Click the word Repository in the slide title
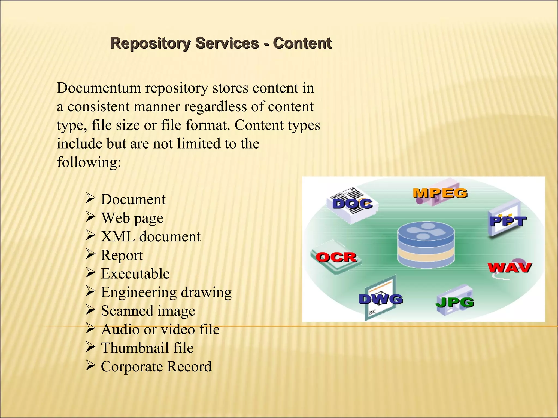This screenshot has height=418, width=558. pos(150,44)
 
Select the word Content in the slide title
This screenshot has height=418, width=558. pos(302,44)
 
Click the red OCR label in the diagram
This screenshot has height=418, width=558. pos(336,257)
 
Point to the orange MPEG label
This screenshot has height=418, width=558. pos(440,193)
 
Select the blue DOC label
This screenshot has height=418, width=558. pos(352,204)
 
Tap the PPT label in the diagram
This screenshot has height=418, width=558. pos(508,221)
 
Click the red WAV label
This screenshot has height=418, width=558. pos(509,268)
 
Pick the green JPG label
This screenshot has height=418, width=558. pos(455,302)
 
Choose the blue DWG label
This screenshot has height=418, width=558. pos(381,299)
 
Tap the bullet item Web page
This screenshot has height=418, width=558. pos(132,218)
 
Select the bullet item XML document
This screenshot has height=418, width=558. pos(151,236)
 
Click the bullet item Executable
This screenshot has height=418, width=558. pos(135,274)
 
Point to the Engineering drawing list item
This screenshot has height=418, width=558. pos(166,292)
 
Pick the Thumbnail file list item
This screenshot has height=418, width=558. pos(147,348)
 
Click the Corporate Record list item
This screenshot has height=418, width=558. pos(156,367)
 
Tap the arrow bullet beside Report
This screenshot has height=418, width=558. pos(90,254)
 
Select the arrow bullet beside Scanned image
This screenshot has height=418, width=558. pos(90,310)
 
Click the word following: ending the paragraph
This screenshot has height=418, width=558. pos(89,162)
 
